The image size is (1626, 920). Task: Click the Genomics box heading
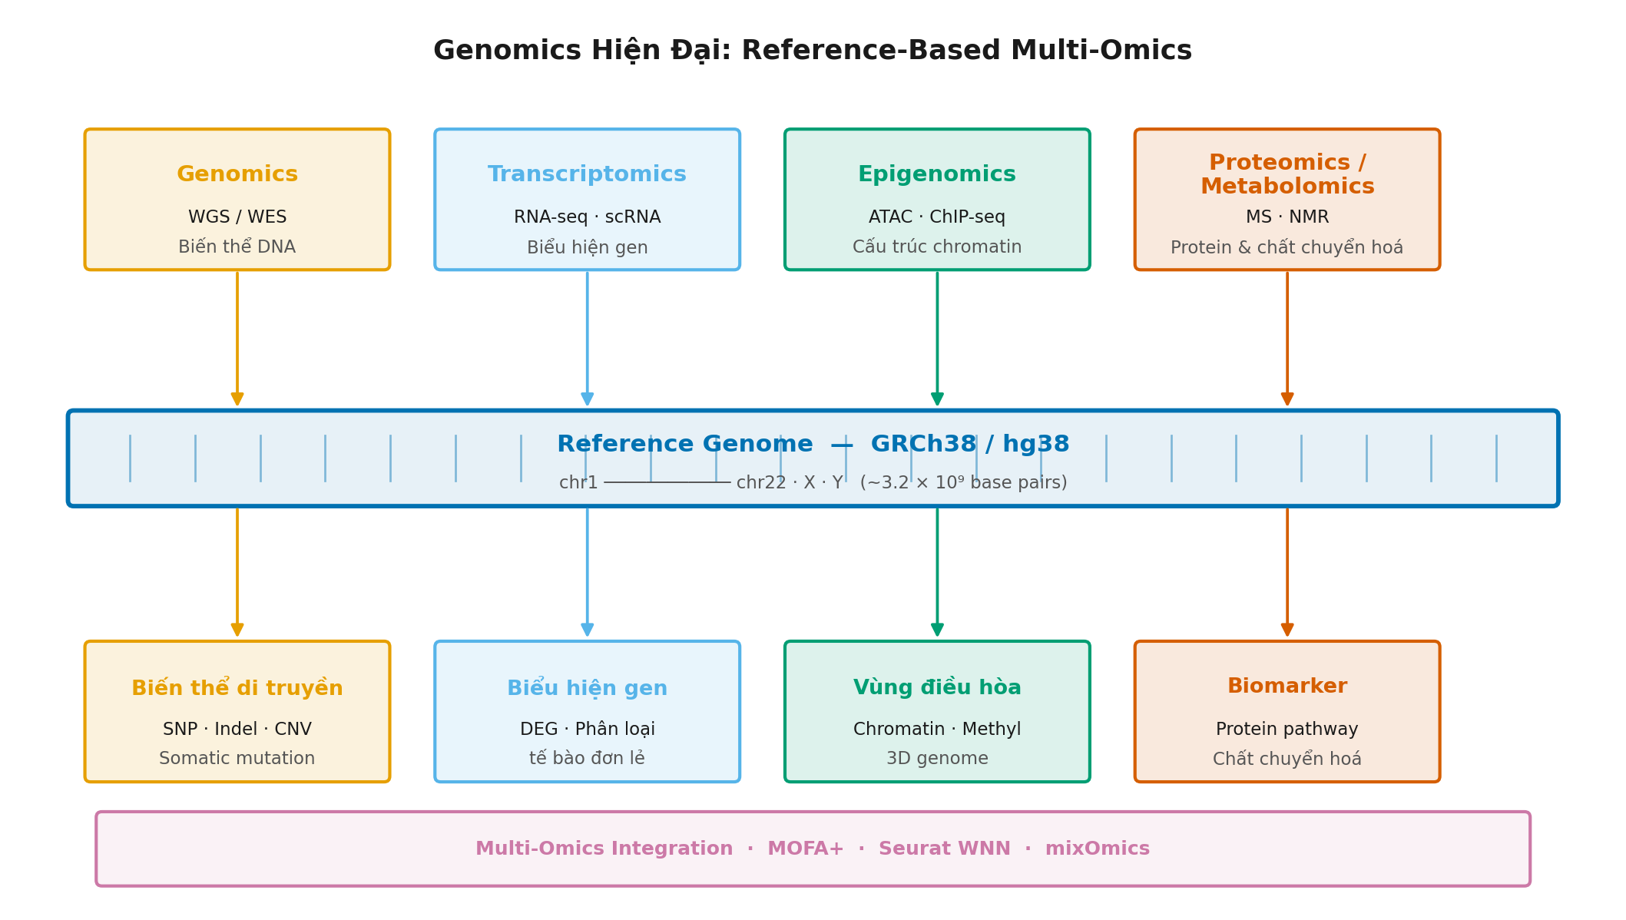click(x=237, y=174)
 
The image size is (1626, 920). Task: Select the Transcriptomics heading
click(x=587, y=174)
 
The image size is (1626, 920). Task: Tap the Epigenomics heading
click(x=936, y=174)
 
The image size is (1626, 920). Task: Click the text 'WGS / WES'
click(x=237, y=217)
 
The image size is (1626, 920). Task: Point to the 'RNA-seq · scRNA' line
click(x=587, y=217)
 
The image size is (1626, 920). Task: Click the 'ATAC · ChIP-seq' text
click(x=936, y=217)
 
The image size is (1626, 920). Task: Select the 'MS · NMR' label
click(x=1287, y=217)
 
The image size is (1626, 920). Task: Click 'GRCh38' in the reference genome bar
click(x=922, y=444)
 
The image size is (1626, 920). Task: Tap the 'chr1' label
click(x=578, y=483)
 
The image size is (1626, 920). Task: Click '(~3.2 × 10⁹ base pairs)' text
click(x=963, y=483)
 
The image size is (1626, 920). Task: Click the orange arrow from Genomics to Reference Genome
click(x=237, y=338)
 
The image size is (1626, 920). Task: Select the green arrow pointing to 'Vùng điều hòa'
click(x=937, y=572)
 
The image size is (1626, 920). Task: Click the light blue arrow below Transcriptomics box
click(x=588, y=338)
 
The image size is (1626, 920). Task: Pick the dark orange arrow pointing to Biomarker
click(x=1287, y=572)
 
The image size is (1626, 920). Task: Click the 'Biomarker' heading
click(x=1287, y=687)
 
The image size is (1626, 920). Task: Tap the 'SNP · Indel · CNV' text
click(x=237, y=729)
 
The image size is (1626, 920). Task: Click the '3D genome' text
click(x=936, y=759)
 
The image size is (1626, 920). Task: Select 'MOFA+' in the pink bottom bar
click(x=805, y=849)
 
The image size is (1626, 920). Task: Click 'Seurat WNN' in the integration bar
click(x=944, y=849)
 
